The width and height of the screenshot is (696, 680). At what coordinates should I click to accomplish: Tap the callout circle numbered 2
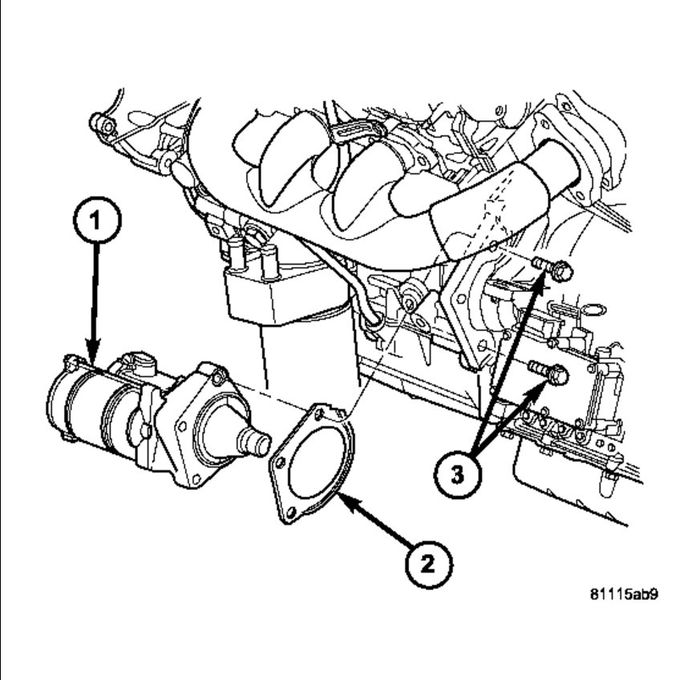(x=429, y=564)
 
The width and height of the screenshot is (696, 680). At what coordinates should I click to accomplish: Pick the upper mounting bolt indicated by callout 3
(x=560, y=271)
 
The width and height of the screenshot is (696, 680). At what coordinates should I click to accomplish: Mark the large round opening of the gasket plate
(x=313, y=461)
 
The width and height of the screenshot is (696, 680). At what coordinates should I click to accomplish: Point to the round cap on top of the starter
(x=141, y=363)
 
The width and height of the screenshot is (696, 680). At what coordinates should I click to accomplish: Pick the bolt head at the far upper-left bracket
(x=99, y=124)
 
